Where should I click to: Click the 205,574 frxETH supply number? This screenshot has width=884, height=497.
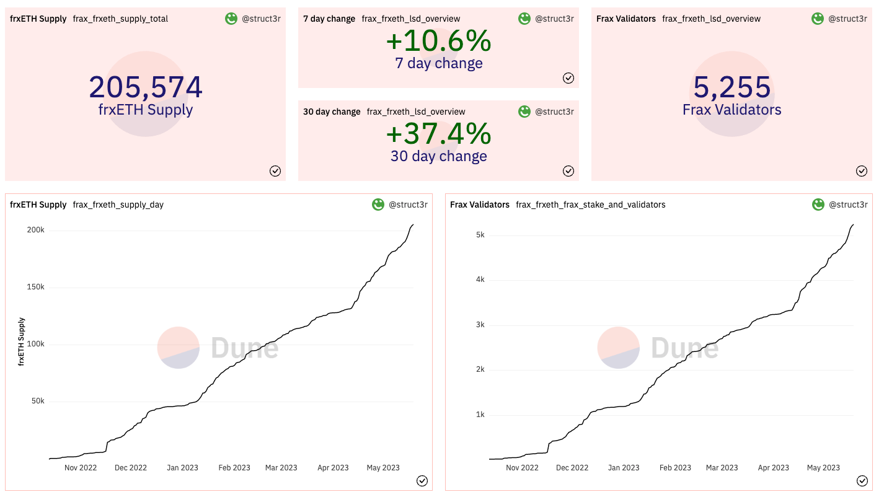tap(146, 87)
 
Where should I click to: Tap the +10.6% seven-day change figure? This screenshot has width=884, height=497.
tap(438, 42)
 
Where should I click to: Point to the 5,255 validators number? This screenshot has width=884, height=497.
tap(732, 87)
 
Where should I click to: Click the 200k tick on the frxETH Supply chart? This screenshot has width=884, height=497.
tap(35, 230)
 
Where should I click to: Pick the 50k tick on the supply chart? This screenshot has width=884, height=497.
tap(37, 401)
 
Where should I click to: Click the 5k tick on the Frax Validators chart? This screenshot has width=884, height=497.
tap(480, 235)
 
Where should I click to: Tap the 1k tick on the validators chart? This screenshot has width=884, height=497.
tap(480, 415)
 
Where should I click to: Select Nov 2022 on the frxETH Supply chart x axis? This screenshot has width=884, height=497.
tap(81, 468)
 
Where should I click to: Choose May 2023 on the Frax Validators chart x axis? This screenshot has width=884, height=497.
tap(823, 468)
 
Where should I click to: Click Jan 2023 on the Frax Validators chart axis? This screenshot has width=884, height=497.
tap(622, 468)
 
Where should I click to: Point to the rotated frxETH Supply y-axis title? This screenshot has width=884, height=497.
tap(22, 341)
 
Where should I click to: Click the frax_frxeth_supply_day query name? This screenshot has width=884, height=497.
tap(118, 205)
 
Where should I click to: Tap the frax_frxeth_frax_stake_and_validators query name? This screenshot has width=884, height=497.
tap(590, 205)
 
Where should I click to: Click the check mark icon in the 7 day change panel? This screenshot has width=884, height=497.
tap(568, 78)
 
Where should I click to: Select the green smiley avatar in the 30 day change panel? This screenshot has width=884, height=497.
tap(524, 112)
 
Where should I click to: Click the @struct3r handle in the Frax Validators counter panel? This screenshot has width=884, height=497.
tap(847, 19)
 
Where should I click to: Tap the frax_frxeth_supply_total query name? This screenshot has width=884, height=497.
tap(120, 19)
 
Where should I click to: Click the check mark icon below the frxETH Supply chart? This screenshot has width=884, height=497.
tap(422, 481)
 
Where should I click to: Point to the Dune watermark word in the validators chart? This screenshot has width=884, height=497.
tap(684, 348)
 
